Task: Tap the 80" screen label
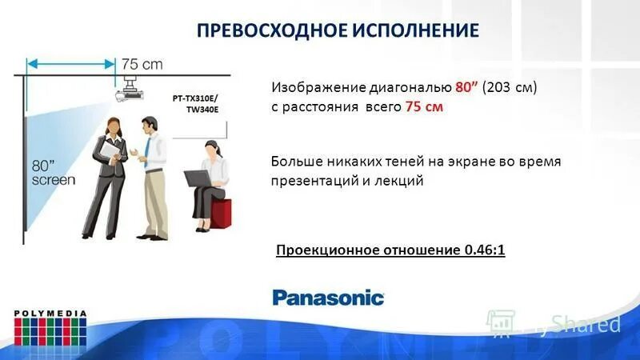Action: pos(53,173)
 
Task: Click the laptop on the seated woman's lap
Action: pos(196,178)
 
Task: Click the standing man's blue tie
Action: pos(147,147)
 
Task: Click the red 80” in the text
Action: pos(467,86)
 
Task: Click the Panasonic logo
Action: pos(329,298)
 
